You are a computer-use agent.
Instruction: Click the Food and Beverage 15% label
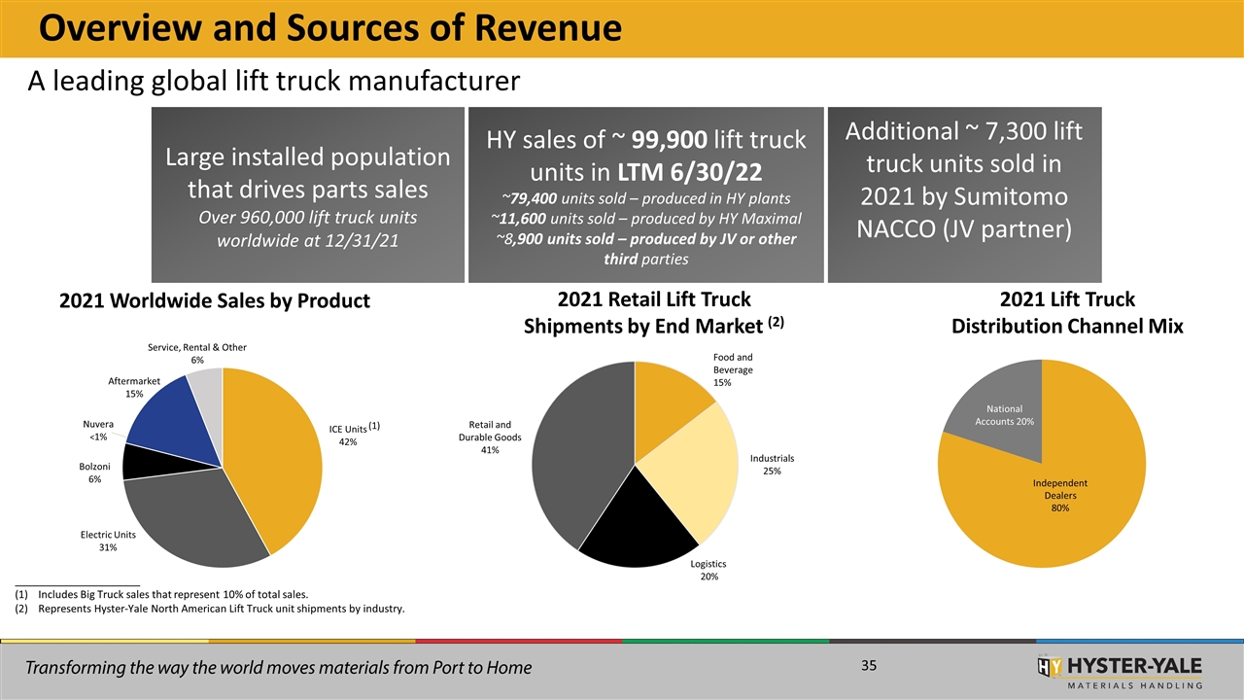(733, 370)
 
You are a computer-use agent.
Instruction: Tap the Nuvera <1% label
(98, 431)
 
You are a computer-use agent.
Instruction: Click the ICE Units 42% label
(354, 435)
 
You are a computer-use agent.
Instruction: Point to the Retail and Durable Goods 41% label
(490, 437)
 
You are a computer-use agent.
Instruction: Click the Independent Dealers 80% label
(1059, 496)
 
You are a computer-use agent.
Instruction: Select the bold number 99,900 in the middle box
(670, 139)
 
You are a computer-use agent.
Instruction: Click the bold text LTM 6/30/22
(690, 172)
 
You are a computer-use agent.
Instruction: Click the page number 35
(869, 666)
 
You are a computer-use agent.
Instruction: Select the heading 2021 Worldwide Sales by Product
(215, 300)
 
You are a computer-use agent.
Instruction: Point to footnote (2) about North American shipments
(210, 609)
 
